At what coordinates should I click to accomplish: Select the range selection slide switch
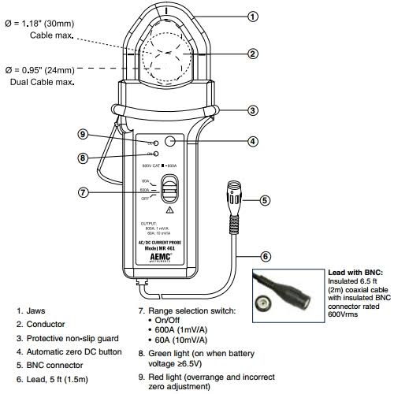[168, 190]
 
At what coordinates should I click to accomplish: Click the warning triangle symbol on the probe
[169, 210]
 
